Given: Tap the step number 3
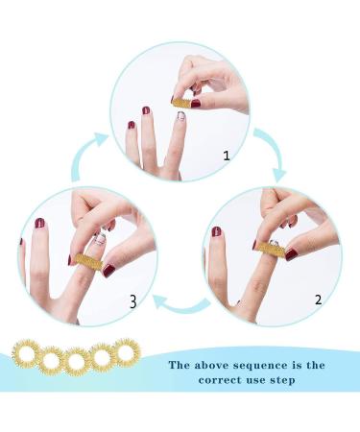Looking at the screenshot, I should pyautogui.click(x=133, y=302).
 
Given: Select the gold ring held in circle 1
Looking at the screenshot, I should pyautogui.click(x=183, y=101).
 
